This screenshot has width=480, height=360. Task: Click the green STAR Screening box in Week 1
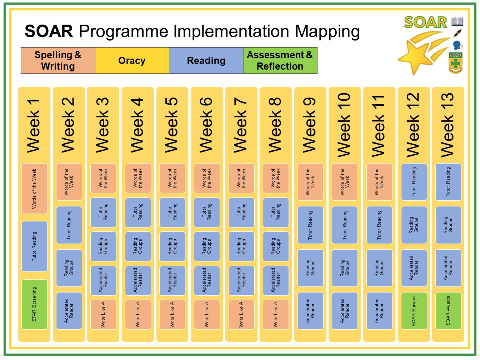click(x=34, y=304)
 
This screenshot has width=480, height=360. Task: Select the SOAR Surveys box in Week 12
click(x=414, y=311)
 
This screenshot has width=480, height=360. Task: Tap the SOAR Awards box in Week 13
click(x=448, y=311)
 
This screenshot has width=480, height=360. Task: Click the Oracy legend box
click(x=132, y=61)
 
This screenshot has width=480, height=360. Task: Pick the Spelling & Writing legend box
click(x=58, y=61)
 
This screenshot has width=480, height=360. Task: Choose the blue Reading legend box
click(x=206, y=61)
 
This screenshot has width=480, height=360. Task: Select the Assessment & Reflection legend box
click(x=280, y=61)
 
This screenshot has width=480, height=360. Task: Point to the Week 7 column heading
click(x=241, y=125)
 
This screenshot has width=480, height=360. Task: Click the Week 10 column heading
click(x=344, y=125)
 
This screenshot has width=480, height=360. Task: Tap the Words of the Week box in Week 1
click(x=34, y=189)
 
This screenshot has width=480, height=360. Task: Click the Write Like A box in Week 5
click(x=172, y=315)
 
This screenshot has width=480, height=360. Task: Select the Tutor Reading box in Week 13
click(x=448, y=182)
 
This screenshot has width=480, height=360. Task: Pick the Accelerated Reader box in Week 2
click(x=69, y=311)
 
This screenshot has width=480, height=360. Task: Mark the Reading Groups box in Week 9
click(x=310, y=268)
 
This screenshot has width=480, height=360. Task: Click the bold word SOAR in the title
click(x=49, y=31)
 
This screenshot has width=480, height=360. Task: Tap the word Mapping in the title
click(x=327, y=32)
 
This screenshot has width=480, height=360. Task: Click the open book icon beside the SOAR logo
click(x=457, y=21)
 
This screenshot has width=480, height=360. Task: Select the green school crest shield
click(x=455, y=62)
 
